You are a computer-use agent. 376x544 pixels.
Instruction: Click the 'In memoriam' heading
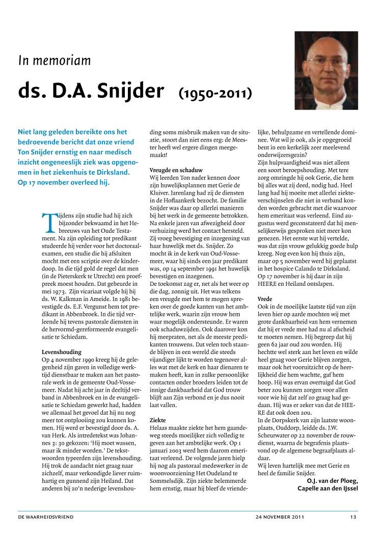click(55, 61)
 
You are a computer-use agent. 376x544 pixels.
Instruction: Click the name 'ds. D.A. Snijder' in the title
click(91, 92)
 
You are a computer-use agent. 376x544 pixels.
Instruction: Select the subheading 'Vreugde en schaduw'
click(176, 169)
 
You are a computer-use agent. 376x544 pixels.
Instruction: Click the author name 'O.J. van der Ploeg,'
click(332, 480)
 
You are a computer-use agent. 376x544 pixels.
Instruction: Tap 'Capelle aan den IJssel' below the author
click(328, 488)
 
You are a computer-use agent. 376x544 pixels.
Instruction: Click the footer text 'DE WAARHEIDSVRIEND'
click(46, 517)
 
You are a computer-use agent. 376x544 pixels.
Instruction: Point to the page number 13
click(353, 517)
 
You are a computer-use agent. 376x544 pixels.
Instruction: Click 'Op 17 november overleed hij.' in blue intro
click(64, 182)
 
